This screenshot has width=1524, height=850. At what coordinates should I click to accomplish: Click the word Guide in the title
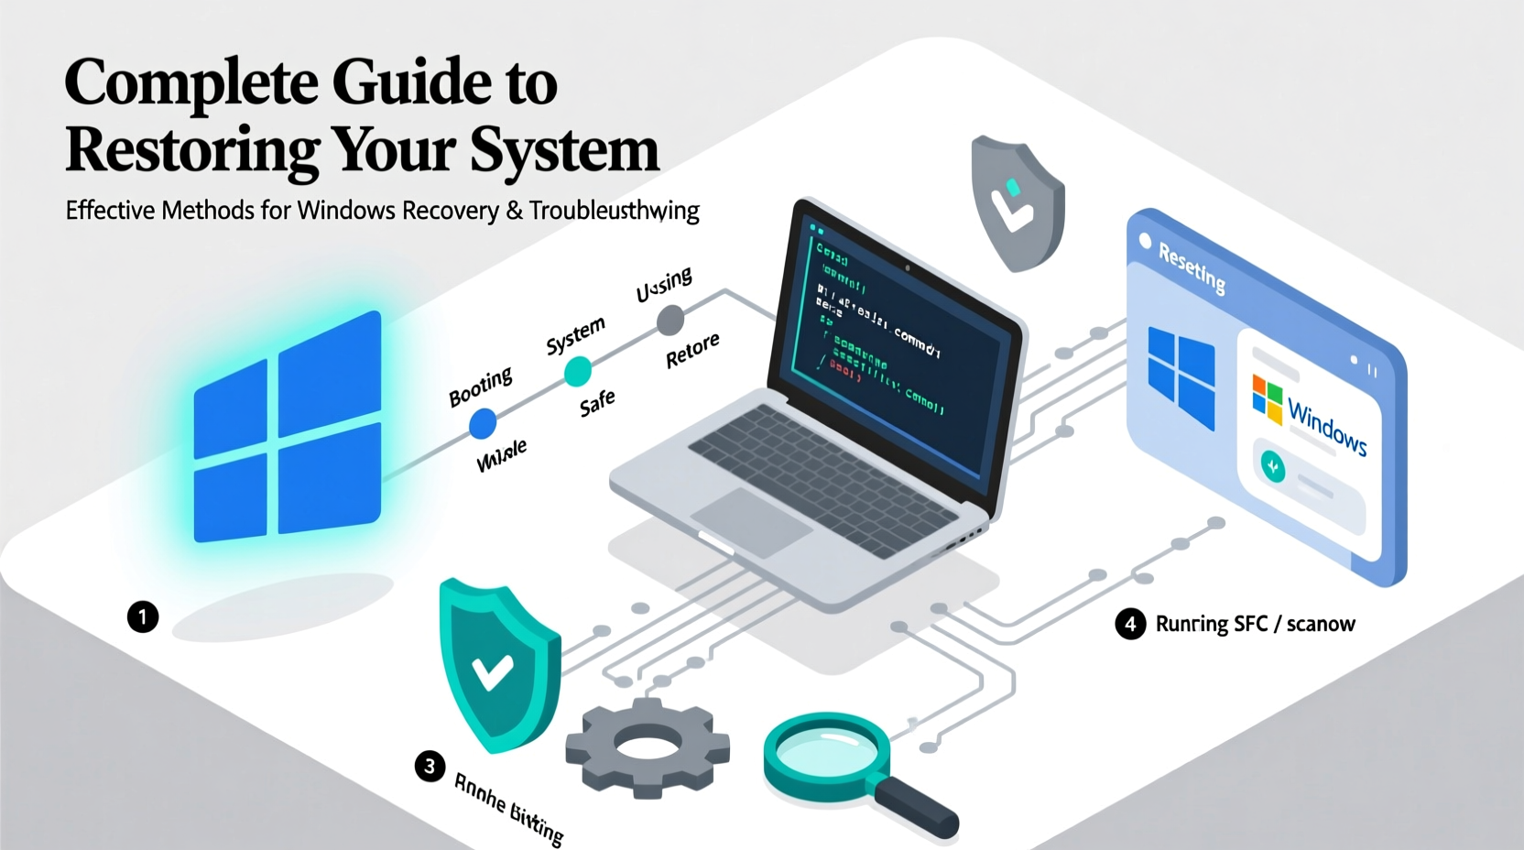411,82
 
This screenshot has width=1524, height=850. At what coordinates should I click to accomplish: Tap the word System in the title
565,150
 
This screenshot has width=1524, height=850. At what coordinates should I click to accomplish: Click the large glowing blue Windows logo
287,428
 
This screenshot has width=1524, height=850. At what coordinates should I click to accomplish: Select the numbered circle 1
143,616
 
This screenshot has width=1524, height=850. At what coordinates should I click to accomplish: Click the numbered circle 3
430,766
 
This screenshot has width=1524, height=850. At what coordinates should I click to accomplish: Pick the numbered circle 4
1130,625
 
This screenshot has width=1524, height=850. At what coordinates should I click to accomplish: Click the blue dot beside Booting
483,423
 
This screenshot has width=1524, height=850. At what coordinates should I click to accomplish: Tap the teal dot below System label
577,372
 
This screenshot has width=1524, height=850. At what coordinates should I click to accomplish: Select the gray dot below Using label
670,321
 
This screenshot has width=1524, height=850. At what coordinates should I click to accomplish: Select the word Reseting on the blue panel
1192,267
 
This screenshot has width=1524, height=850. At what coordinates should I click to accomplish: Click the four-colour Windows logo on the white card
1268,399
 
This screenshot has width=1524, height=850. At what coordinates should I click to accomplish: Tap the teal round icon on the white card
1272,467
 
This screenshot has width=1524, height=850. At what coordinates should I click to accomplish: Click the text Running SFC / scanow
1255,625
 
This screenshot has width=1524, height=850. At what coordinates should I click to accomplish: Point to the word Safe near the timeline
597,403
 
